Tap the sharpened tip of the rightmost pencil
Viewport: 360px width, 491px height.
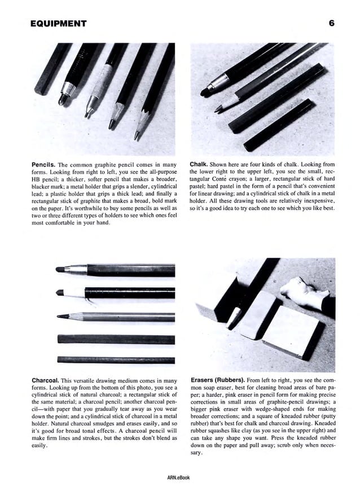(x=137, y=136)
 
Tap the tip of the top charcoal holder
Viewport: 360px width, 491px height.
(x=60, y=270)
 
